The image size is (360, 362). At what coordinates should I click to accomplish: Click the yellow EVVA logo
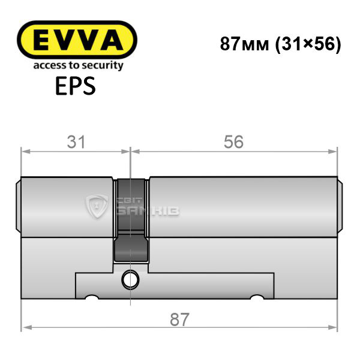[77, 40]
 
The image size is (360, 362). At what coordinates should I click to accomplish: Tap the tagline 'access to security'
[79, 65]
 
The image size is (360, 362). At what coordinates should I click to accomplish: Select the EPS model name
[76, 86]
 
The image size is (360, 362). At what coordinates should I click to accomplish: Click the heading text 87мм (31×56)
[280, 44]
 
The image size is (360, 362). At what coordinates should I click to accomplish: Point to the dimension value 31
[76, 142]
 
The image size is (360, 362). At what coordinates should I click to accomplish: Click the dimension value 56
[233, 142]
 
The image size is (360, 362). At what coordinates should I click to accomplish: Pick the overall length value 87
[179, 319]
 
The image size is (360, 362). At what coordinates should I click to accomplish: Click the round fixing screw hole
[130, 280]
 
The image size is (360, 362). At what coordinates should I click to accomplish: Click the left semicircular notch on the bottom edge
[92, 297]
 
